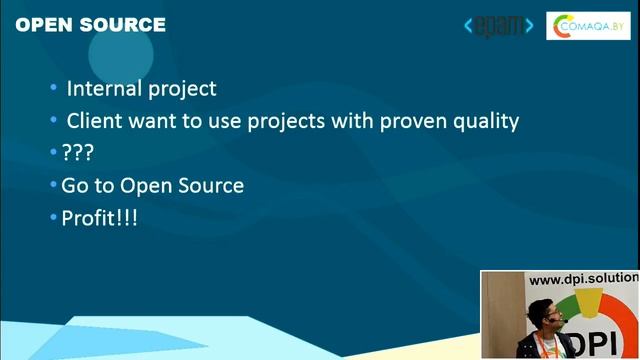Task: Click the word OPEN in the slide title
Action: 45,24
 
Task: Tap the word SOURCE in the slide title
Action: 123,24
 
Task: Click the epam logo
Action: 499,26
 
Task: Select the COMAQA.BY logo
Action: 588,26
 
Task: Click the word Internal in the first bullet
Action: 104,89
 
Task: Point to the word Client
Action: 94,121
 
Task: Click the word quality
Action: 486,122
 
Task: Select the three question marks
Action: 78,153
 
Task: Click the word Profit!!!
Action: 100,218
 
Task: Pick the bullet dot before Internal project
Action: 53,87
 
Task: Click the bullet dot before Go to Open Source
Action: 53,184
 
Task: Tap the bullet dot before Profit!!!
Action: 53,217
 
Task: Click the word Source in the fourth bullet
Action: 211,185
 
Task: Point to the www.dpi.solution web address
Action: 584,279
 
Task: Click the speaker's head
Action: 544,314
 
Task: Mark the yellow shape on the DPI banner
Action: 589,302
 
